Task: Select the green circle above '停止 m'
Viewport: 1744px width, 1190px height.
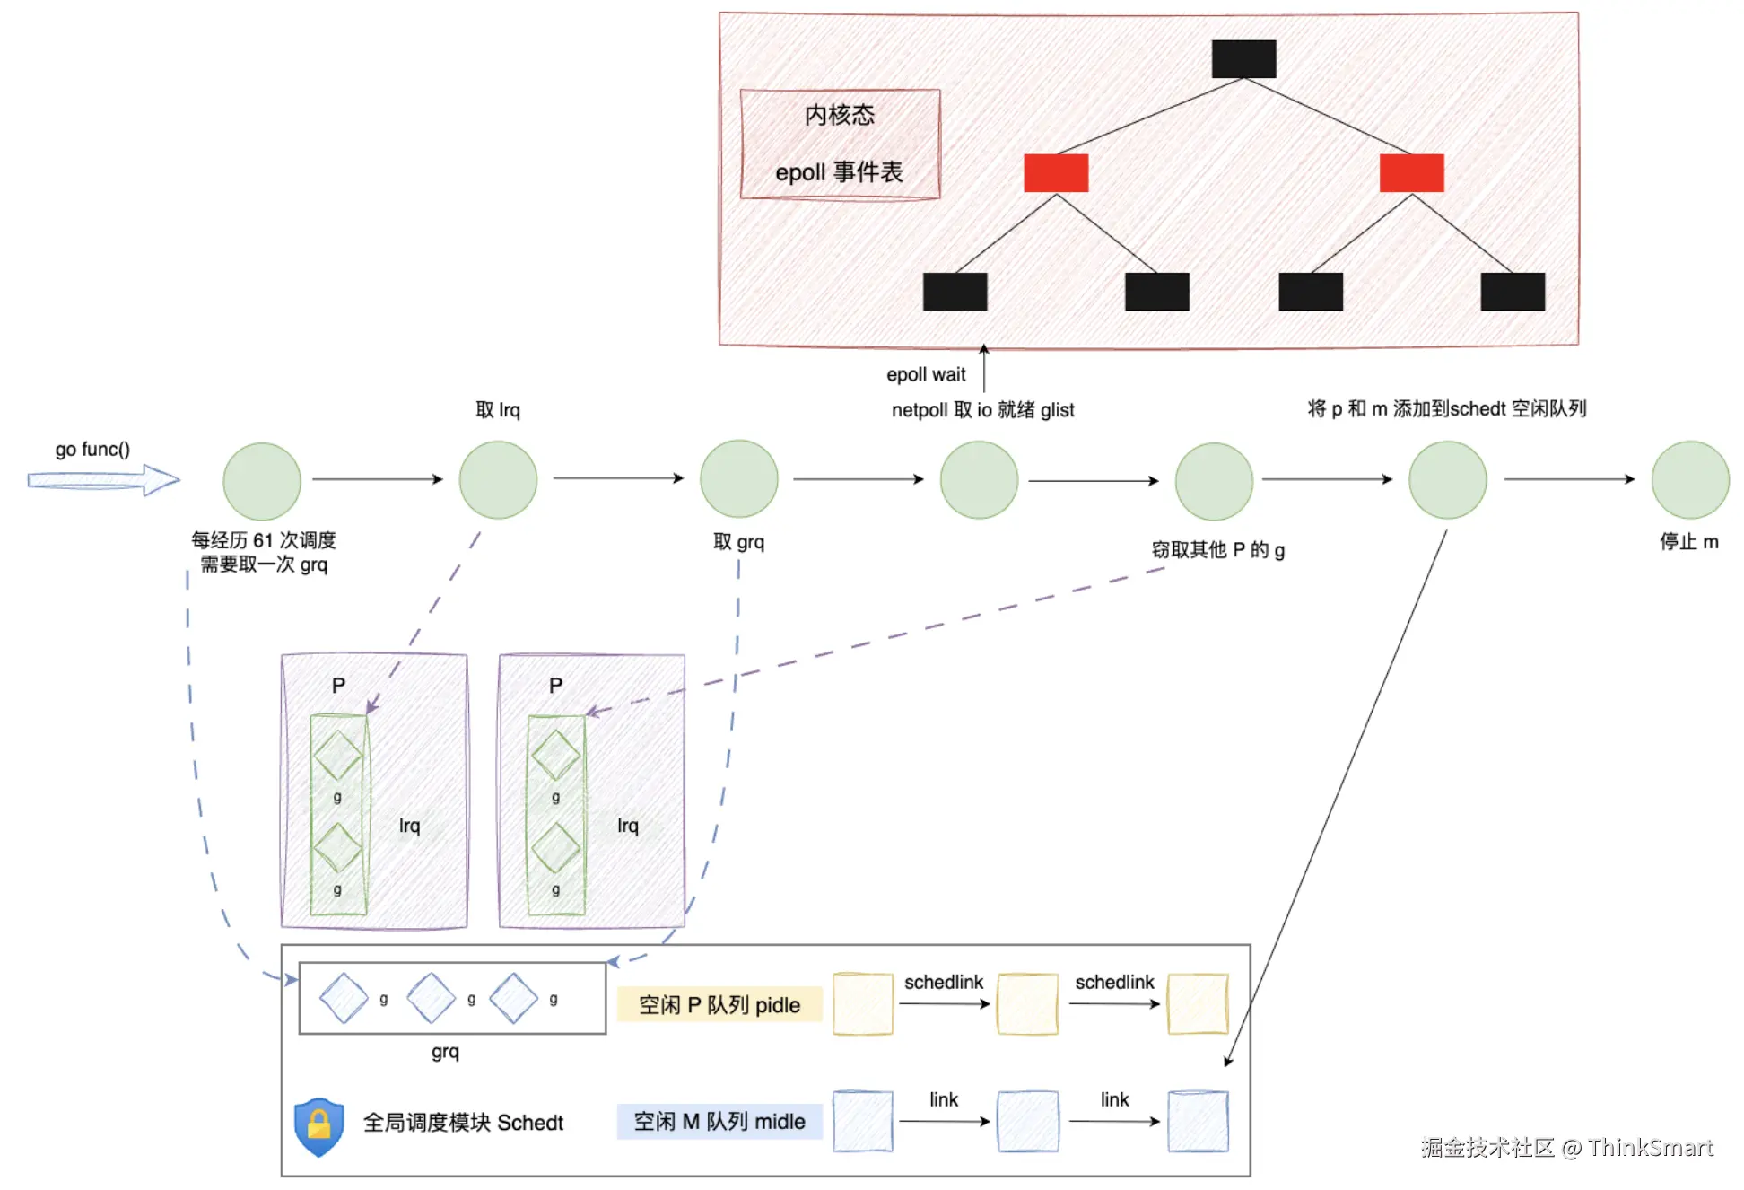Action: tap(1690, 480)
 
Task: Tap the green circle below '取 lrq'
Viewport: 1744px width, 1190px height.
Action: tap(498, 480)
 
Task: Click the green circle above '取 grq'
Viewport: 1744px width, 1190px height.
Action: tap(738, 479)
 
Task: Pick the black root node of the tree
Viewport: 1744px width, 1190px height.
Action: tap(1243, 59)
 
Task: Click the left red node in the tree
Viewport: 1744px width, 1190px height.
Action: tap(1056, 173)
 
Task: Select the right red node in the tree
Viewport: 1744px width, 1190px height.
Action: tap(1411, 173)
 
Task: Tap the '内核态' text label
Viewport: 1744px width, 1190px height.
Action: tap(840, 115)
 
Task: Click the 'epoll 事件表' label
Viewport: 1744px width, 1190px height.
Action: tap(840, 172)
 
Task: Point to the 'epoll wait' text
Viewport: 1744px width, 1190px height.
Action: tap(926, 375)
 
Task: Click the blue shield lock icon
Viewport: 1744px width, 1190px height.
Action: tap(318, 1125)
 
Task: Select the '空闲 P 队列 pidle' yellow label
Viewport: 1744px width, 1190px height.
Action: tap(719, 1005)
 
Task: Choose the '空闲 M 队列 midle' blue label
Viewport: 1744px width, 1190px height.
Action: tap(719, 1122)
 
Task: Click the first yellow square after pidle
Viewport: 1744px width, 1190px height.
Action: tap(862, 1004)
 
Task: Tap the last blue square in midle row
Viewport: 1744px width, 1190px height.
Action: tap(1198, 1122)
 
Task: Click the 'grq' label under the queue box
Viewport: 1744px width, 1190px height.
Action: tap(445, 1052)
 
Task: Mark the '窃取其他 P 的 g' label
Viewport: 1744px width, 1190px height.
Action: tap(1217, 550)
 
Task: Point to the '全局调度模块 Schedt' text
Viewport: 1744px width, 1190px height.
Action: tap(463, 1123)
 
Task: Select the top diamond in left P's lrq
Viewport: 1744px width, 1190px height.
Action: tap(337, 755)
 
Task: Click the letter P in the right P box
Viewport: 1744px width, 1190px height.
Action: tap(556, 686)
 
